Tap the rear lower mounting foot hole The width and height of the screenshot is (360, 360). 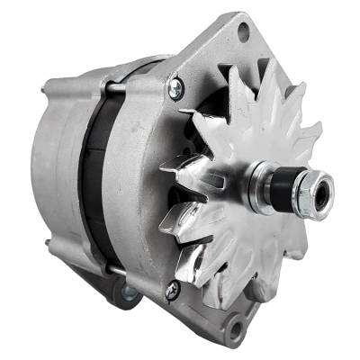pos(127,292)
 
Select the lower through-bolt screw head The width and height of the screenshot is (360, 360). pos(172,289)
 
